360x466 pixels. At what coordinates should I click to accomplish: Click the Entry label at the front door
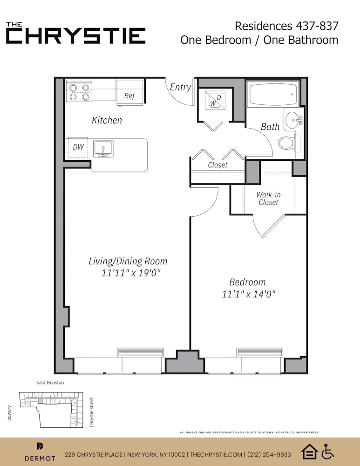pyautogui.click(x=180, y=87)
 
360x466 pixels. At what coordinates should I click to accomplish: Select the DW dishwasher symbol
pyautogui.click(x=78, y=147)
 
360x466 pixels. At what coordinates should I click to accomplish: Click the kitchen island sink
pyautogui.click(x=102, y=148)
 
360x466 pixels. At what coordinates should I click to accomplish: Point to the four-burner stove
pyautogui.click(x=79, y=91)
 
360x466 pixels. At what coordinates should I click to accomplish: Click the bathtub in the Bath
pyautogui.click(x=272, y=95)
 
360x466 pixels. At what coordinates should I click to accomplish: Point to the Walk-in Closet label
pyautogui.click(x=269, y=199)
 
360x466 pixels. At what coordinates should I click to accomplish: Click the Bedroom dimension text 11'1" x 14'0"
pyautogui.click(x=249, y=294)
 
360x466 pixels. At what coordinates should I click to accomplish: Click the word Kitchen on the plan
pyautogui.click(x=107, y=120)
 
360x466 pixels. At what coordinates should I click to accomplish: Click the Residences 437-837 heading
pyautogui.click(x=286, y=26)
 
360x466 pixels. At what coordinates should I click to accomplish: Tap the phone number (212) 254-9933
pyautogui.click(x=269, y=454)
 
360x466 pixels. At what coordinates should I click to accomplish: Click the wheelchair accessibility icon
pyautogui.click(x=328, y=452)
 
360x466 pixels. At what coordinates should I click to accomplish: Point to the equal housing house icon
pyautogui.click(x=309, y=452)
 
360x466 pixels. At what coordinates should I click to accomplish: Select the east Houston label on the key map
pyautogui.click(x=50, y=383)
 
